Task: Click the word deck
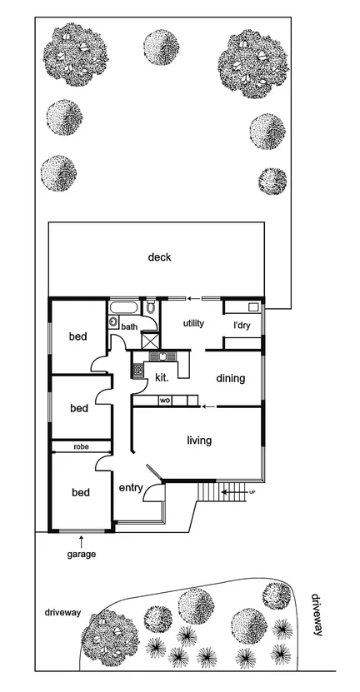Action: (159, 257)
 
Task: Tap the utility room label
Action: (193, 322)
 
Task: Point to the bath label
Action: (129, 327)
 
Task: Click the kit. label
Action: (162, 377)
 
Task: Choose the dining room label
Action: (231, 379)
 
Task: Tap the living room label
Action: (199, 440)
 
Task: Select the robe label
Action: (80, 447)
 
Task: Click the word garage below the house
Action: (82, 554)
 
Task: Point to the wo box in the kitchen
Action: (165, 401)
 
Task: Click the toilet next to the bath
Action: (149, 309)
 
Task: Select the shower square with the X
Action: (149, 340)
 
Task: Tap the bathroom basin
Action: (112, 321)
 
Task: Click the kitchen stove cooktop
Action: (137, 367)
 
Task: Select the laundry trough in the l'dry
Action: (254, 307)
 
